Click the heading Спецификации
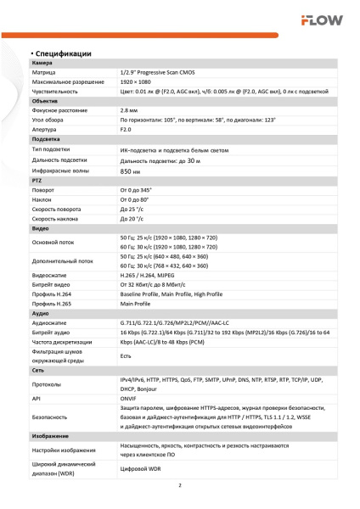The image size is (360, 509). click(64, 53)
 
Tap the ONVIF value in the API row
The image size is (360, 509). click(129, 396)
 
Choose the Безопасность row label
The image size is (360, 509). click(52, 417)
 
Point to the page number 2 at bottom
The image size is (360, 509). click(180, 486)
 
